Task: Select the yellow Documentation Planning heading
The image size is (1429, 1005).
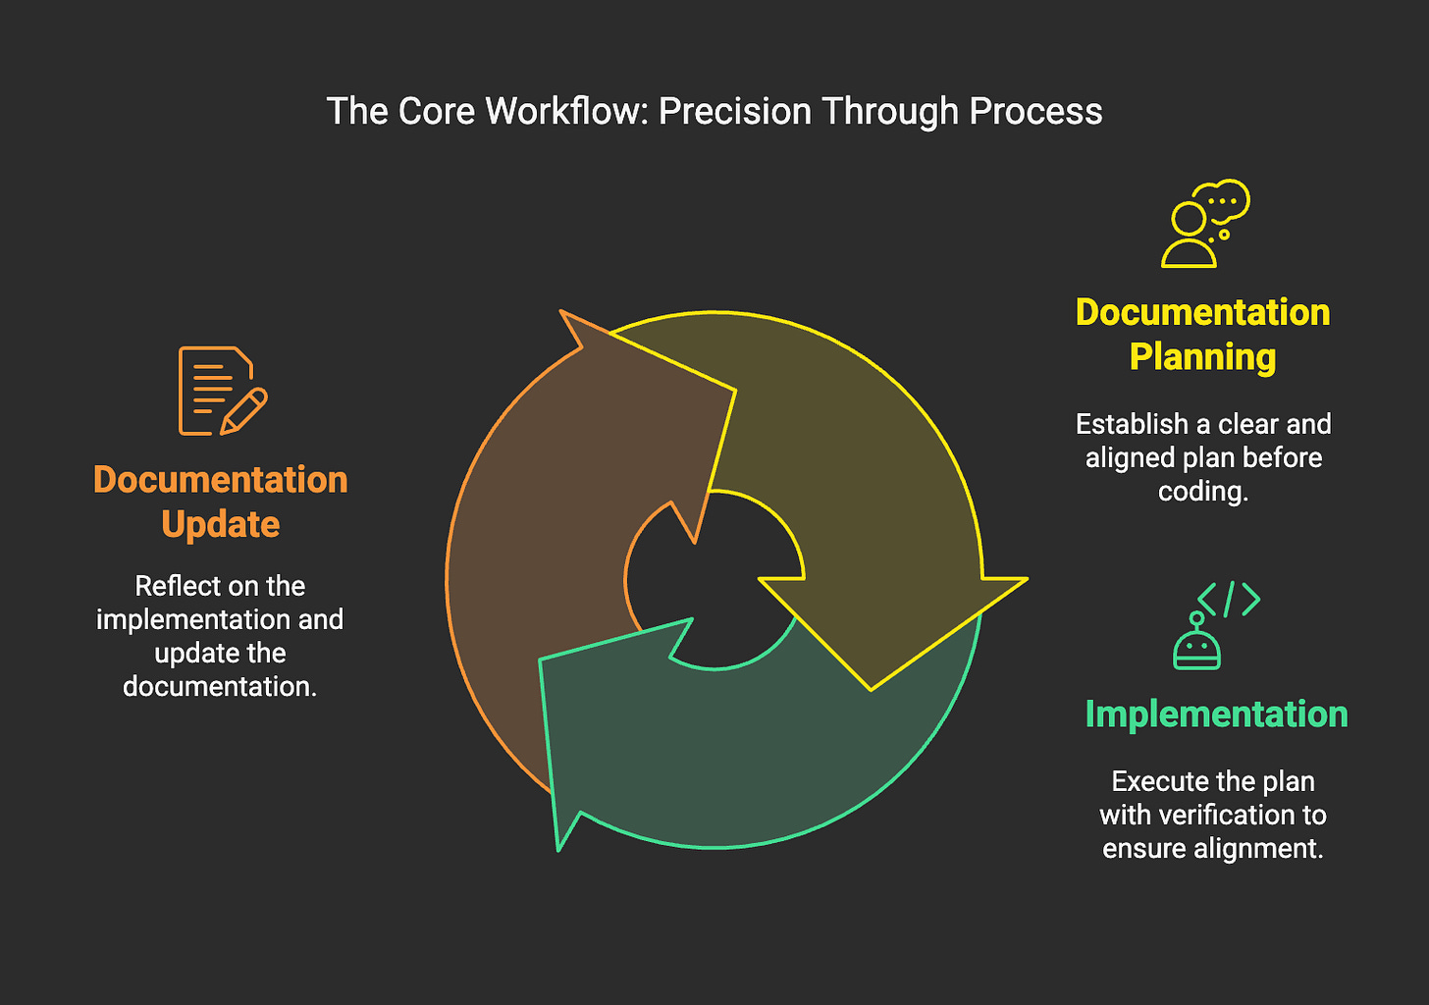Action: click(1202, 335)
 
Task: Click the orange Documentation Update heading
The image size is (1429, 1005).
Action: click(221, 502)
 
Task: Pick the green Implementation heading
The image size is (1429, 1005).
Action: click(1216, 714)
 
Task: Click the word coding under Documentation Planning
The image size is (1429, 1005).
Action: click(1202, 491)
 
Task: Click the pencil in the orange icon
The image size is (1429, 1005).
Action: click(244, 411)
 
